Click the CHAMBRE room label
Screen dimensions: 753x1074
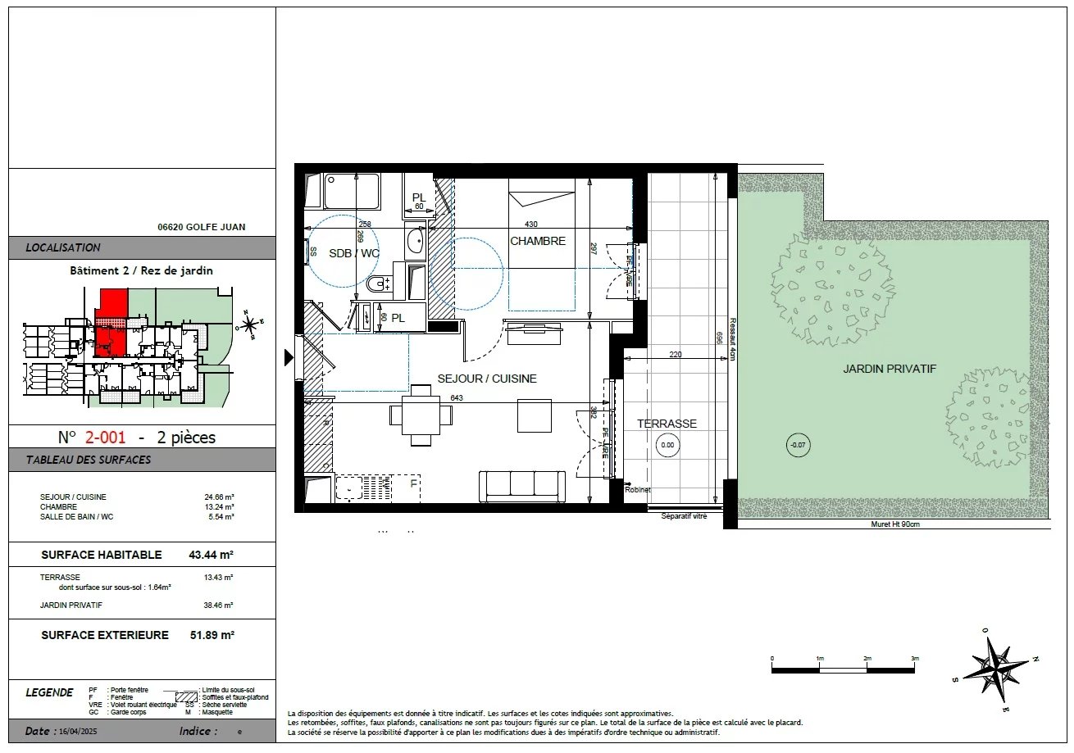click(538, 241)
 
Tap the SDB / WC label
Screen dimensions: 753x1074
click(354, 253)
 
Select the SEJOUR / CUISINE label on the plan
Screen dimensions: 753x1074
click(487, 379)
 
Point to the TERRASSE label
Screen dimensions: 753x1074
click(667, 424)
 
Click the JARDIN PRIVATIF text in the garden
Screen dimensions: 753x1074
click(890, 370)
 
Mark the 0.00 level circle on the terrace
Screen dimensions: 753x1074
click(667, 446)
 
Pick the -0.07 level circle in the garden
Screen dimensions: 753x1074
click(797, 446)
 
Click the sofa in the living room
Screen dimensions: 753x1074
click(522, 487)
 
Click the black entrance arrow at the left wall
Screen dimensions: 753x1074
click(289, 357)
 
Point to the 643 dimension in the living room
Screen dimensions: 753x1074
click(457, 398)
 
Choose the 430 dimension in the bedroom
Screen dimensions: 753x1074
click(531, 225)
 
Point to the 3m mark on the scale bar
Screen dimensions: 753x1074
click(915, 659)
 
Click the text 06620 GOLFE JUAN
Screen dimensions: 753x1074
click(201, 228)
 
